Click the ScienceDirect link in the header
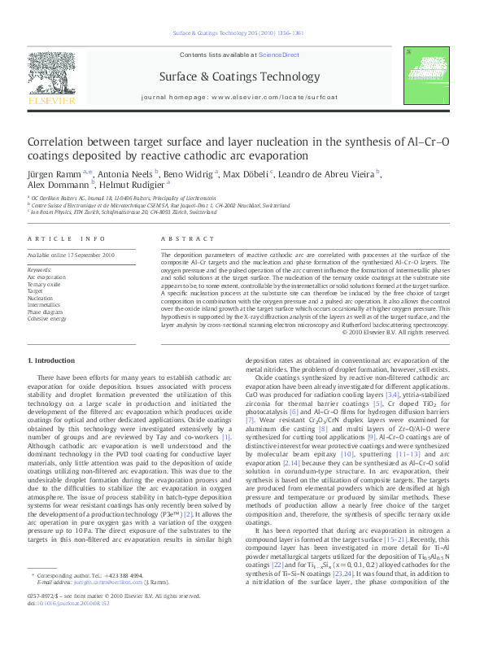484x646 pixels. pos(279,55)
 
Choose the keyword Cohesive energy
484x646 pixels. pos(47,318)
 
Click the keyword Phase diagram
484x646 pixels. pos(45,312)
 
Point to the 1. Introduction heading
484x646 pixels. pos(52,360)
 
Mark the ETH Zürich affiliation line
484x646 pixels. pos(130,221)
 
